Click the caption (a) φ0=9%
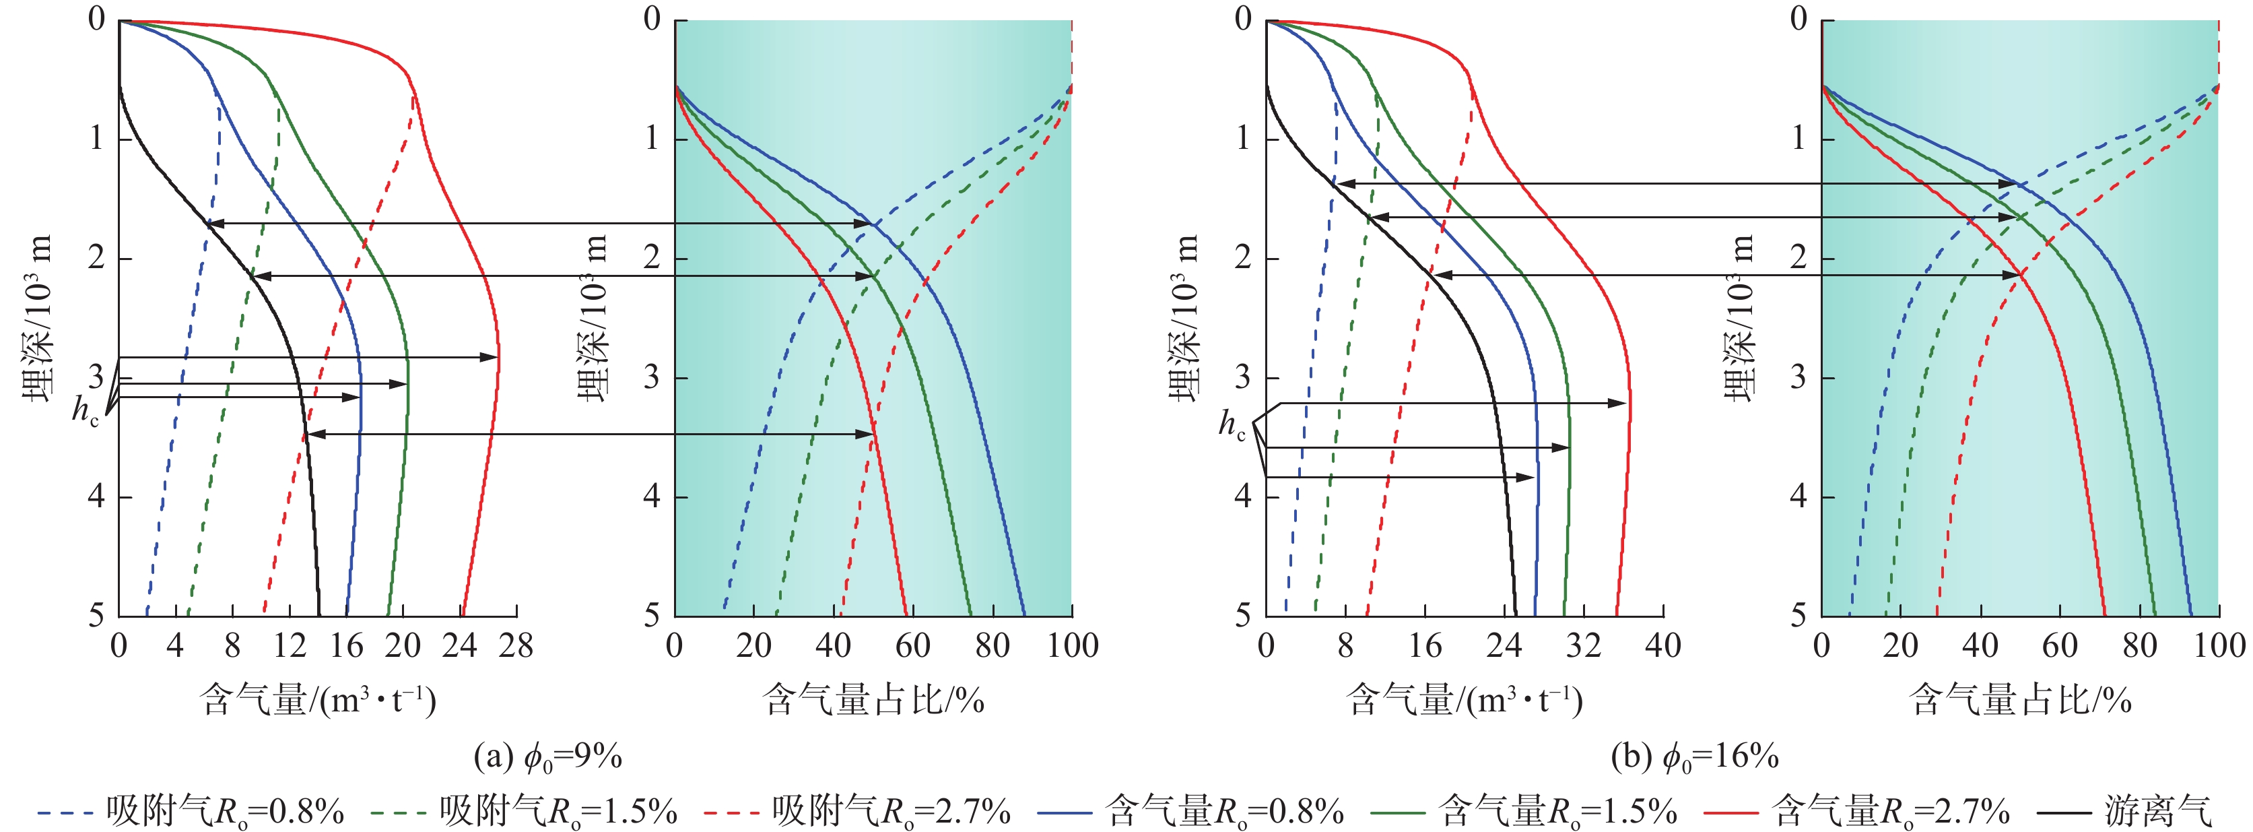[547, 756]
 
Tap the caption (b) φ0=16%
[1695, 756]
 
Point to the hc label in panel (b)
[1232, 425]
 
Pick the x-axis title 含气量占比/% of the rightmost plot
[2020, 700]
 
